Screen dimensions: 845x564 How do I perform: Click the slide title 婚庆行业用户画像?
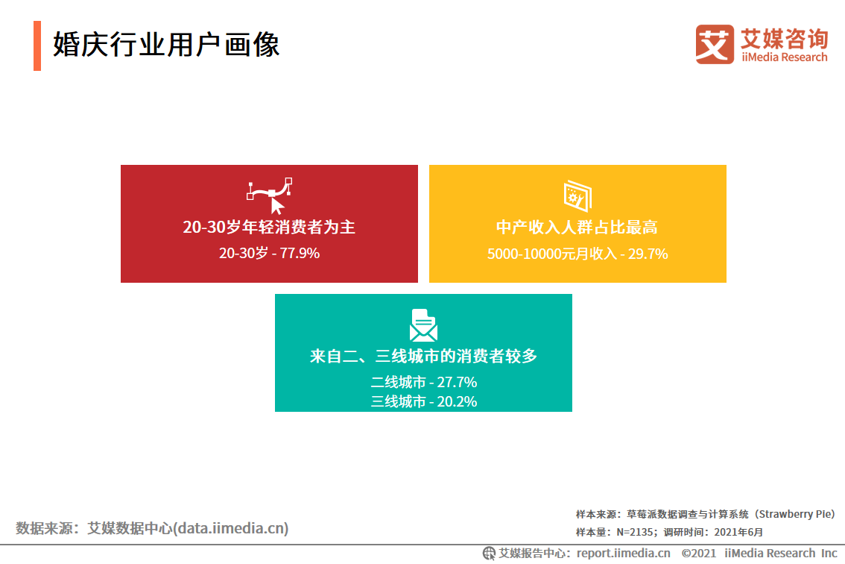click(x=166, y=44)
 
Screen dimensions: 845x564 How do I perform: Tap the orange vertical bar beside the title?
click(x=37, y=46)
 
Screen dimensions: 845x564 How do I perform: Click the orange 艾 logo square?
click(x=715, y=44)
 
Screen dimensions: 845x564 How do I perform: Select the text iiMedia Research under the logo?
click(x=784, y=57)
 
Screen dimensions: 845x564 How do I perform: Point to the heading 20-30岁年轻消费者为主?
click(x=269, y=228)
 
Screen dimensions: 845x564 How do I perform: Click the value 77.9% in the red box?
click(x=300, y=253)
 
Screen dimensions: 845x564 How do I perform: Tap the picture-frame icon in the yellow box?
click(x=577, y=195)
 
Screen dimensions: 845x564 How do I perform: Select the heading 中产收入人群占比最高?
click(x=577, y=228)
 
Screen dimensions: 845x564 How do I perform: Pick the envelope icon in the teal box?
click(x=423, y=325)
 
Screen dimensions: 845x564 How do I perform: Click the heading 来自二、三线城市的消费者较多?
click(x=423, y=356)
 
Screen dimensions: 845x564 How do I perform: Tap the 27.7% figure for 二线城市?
click(x=457, y=382)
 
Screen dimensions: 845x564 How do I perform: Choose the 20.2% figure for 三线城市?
click(x=457, y=401)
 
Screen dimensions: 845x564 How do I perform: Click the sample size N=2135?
click(x=636, y=532)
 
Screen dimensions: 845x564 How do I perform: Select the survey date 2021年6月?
click(x=739, y=532)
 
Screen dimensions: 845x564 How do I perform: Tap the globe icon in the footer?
click(x=489, y=554)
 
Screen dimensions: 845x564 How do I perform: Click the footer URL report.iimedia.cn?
click(x=624, y=554)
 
